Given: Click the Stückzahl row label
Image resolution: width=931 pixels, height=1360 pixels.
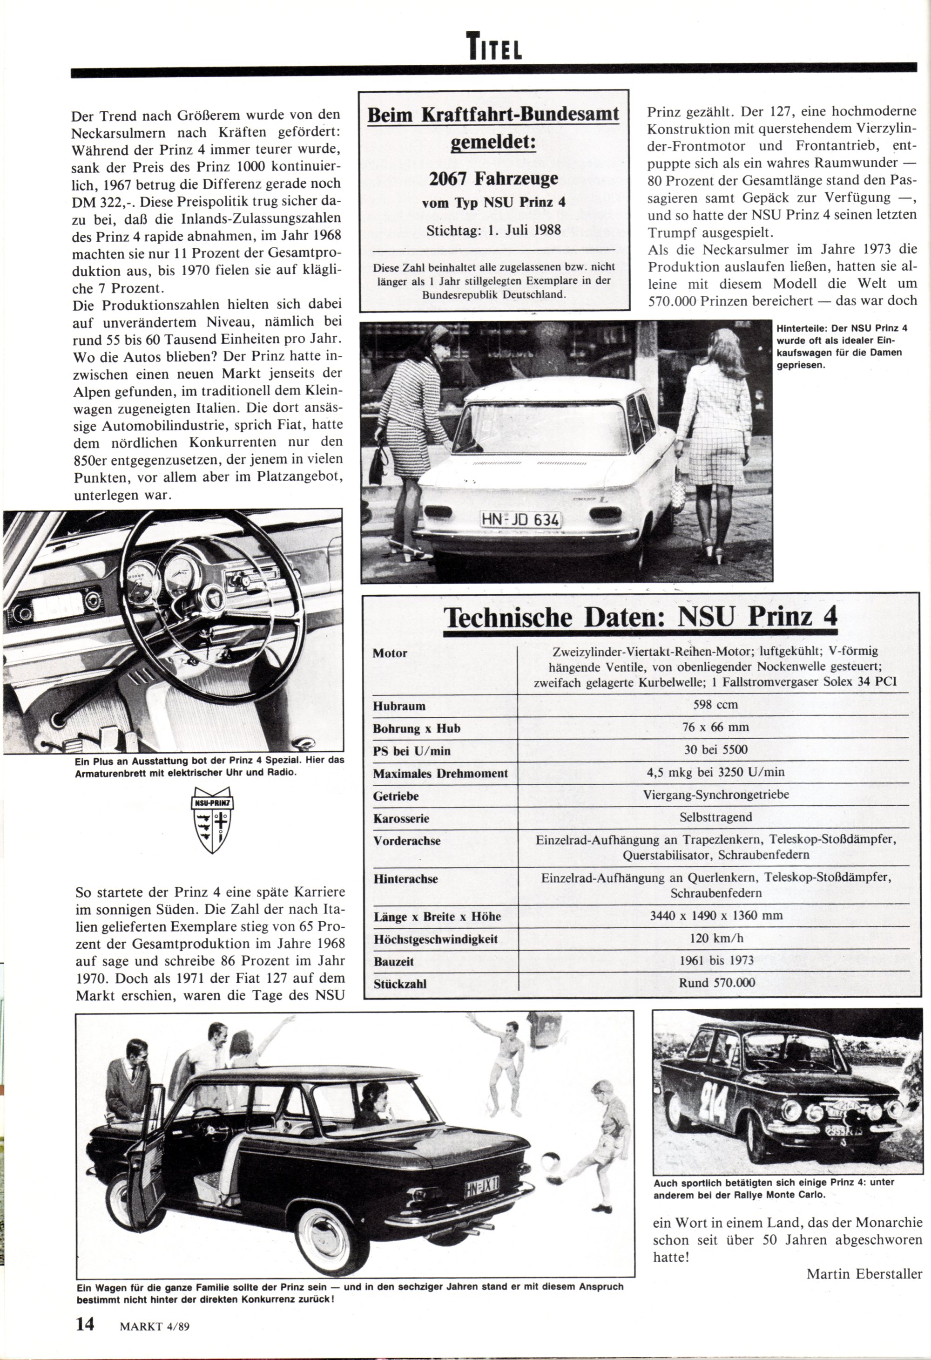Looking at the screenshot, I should tap(400, 984).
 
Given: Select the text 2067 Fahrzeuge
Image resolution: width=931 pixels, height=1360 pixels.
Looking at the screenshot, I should tap(493, 178).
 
